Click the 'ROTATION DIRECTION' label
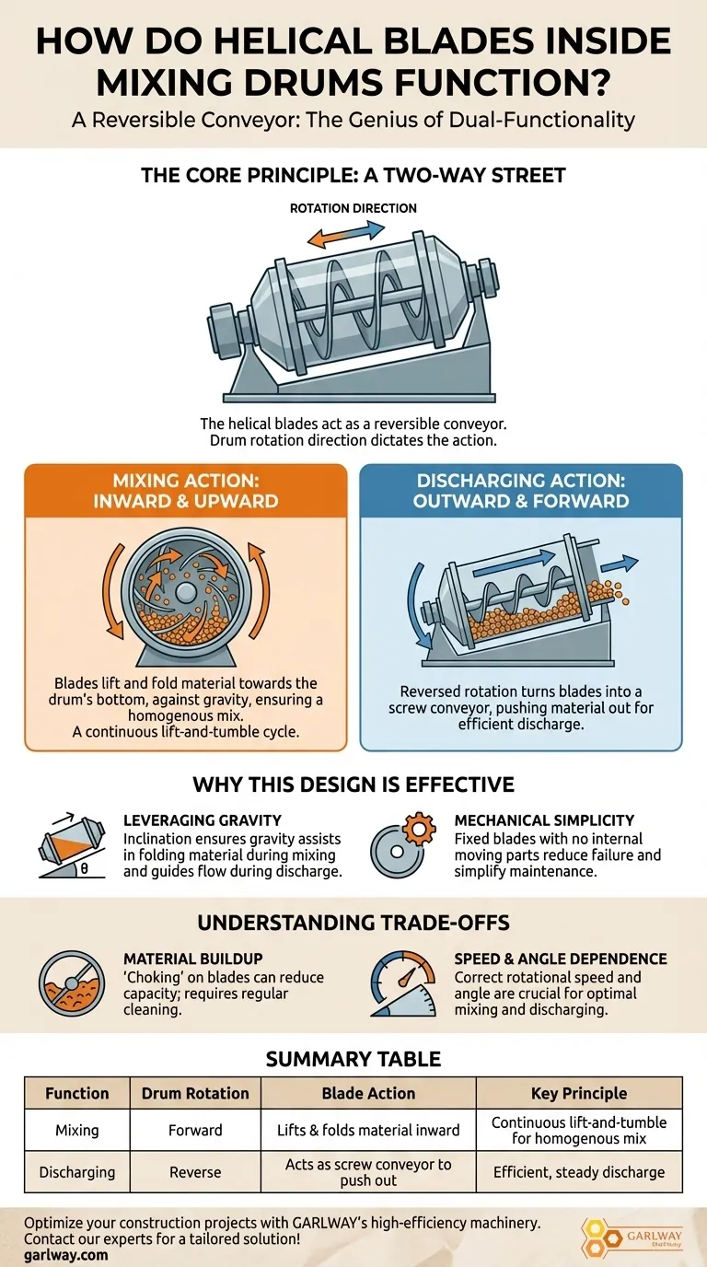point(353,208)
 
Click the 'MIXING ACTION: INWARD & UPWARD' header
point(186,491)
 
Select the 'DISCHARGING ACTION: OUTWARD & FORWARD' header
point(521,491)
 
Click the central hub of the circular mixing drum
point(186,593)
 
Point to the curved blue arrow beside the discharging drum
point(417,605)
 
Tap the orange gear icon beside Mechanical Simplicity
point(420,830)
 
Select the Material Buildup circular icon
point(71,983)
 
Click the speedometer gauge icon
point(403,983)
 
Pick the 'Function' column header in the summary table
point(77,1093)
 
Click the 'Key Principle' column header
point(579,1093)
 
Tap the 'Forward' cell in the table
point(195,1130)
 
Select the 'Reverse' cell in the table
point(195,1171)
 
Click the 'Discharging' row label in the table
point(77,1172)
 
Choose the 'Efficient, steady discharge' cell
point(579,1172)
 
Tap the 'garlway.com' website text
point(65,1255)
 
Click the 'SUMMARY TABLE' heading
point(353,1059)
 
